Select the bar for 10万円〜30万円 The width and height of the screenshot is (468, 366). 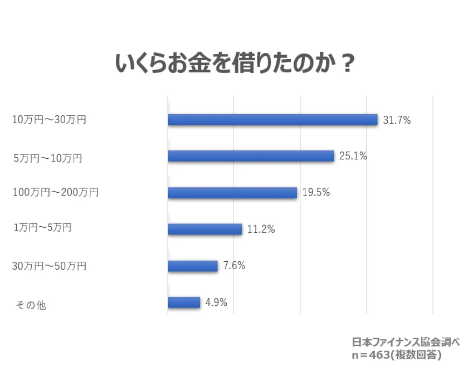(x=272, y=119)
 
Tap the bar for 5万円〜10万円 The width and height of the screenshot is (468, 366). (x=251, y=156)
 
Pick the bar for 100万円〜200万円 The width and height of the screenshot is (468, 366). (x=232, y=193)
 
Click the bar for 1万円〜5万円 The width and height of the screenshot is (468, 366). (x=204, y=229)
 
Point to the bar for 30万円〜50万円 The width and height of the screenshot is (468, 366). (x=192, y=266)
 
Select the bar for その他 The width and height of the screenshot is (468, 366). (x=183, y=302)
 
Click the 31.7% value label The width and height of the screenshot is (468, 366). (x=397, y=119)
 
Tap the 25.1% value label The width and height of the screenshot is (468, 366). (x=353, y=156)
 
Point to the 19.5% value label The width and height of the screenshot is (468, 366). (x=316, y=193)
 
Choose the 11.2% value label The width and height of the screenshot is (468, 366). (x=261, y=229)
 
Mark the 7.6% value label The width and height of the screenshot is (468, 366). (x=234, y=266)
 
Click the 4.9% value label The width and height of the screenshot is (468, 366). (x=216, y=302)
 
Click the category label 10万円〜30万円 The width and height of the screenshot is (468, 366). (x=49, y=120)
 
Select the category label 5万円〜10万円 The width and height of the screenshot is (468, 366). (x=47, y=158)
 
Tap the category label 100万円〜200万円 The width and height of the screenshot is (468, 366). (x=56, y=193)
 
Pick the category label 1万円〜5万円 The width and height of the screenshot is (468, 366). (x=43, y=228)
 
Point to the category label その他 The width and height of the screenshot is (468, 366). (x=31, y=305)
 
